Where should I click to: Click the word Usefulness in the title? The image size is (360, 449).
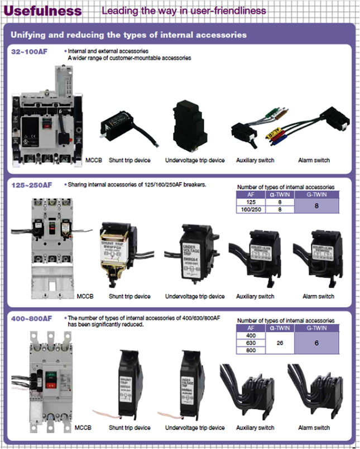pyautogui.click(x=43, y=11)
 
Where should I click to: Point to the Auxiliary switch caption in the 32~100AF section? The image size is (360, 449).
pyautogui.click(x=255, y=160)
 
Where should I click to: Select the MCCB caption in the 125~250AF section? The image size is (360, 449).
pyautogui.click(x=86, y=296)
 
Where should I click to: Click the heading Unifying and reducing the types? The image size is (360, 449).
pyautogui.click(x=128, y=35)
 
